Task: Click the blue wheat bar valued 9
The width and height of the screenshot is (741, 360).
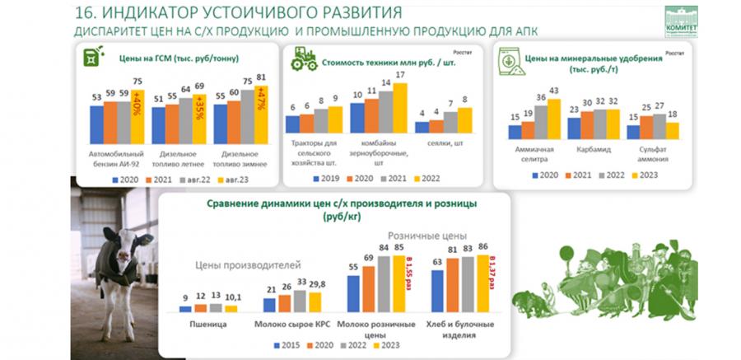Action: (185, 308)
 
